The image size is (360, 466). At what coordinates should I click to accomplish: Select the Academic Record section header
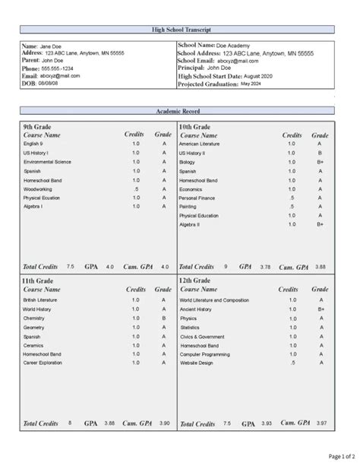click(x=179, y=111)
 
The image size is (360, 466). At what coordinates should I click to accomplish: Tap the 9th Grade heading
click(x=37, y=125)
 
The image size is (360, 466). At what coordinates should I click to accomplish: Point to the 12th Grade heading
click(x=195, y=281)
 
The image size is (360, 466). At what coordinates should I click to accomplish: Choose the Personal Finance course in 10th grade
click(x=197, y=198)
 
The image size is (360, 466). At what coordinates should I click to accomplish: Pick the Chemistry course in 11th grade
click(x=34, y=318)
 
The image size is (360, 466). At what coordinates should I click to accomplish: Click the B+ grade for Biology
click(x=320, y=162)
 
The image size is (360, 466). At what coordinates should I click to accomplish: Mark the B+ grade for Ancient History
click(x=321, y=309)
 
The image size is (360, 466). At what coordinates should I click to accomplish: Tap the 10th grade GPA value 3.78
click(x=265, y=267)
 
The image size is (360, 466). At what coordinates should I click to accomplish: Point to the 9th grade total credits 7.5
click(x=71, y=267)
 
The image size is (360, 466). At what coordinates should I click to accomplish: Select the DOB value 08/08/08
click(x=49, y=84)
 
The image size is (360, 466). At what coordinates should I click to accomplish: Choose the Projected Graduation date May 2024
click(x=250, y=84)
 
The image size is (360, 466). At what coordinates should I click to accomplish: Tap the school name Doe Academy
click(x=235, y=46)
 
